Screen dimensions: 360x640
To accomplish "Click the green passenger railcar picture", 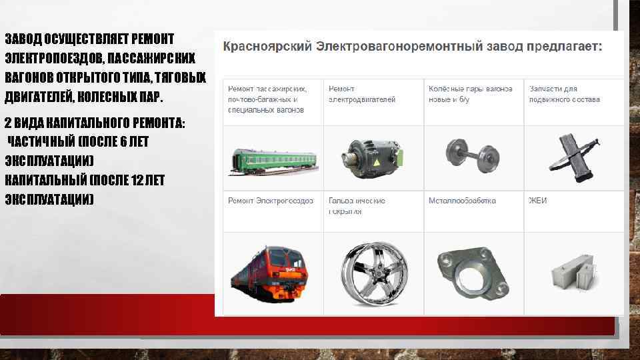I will (x=273, y=160).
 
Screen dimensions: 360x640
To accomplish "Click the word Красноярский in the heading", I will (x=266, y=47).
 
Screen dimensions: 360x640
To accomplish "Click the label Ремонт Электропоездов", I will (x=271, y=201).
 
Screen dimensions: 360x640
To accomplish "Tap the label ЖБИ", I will (x=537, y=201).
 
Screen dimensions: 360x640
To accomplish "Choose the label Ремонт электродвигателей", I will (x=362, y=94).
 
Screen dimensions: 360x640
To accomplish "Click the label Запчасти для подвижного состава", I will (x=564, y=94).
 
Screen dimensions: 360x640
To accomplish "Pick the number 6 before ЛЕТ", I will (x=123, y=141).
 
